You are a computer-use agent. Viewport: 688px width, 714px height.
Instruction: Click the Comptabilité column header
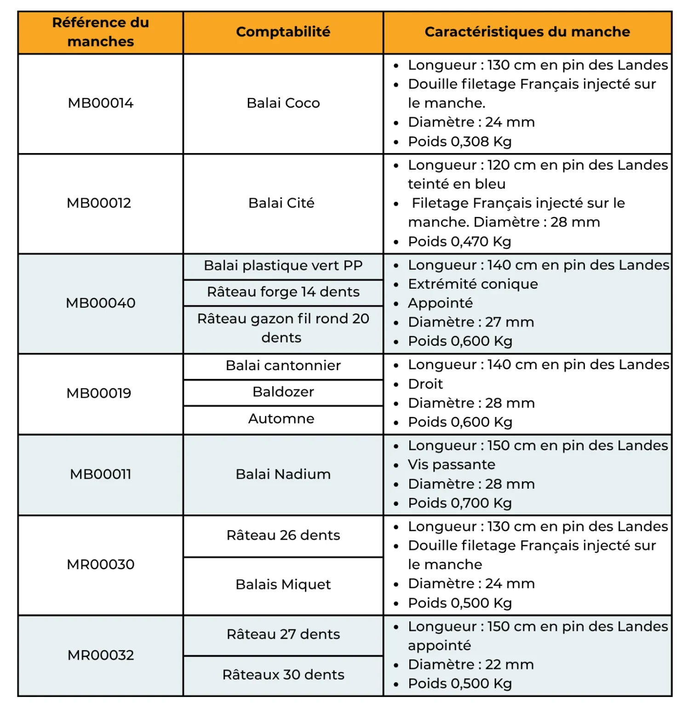283,32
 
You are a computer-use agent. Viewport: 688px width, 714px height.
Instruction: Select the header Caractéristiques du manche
527,32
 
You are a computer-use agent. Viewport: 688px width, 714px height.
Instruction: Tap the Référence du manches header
101,32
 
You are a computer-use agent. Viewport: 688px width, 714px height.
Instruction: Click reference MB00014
101,103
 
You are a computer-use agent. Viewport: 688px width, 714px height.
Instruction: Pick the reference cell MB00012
99,203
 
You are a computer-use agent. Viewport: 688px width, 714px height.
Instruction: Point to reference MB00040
101,303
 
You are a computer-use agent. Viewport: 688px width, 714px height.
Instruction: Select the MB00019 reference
99,393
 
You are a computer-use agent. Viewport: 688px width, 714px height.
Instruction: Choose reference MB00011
101,474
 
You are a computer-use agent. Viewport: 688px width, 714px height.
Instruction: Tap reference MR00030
101,564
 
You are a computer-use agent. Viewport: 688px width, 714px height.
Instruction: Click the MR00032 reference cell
101,655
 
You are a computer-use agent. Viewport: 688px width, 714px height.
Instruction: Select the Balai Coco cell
283,103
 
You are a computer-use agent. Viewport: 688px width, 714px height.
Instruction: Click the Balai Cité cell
281,203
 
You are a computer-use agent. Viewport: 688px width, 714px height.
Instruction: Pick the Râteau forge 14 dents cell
283,292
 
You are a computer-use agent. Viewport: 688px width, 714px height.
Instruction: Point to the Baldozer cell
283,392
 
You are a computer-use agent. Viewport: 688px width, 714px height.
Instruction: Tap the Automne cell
281,418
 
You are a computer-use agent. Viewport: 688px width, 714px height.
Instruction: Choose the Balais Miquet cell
283,584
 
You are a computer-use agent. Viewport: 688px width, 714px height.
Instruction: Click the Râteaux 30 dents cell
283,674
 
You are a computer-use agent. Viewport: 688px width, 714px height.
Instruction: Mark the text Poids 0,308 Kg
459,142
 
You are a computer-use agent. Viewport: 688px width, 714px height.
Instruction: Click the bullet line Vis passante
451,464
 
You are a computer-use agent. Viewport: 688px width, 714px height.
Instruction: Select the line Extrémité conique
472,284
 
